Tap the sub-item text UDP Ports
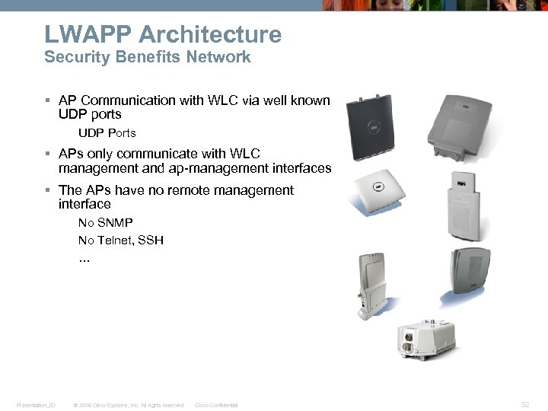[107, 133]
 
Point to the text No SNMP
[105, 222]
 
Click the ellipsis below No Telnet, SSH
[84, 259]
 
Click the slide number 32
[524, 405]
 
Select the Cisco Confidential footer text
[216, 406]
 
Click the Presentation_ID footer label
[35, 406]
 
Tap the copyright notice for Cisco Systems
[128, 406]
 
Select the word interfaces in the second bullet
[302, 168]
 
